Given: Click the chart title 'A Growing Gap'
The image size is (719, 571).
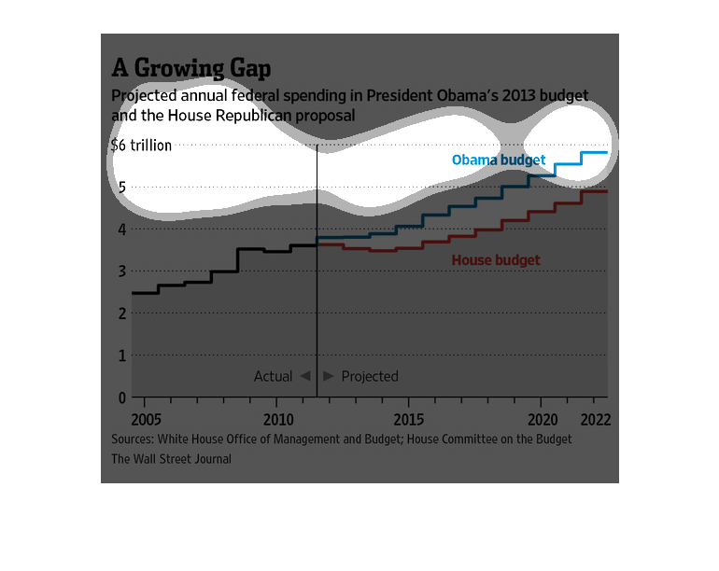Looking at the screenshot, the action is [191, 68].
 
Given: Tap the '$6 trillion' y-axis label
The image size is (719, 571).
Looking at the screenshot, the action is [141, 146].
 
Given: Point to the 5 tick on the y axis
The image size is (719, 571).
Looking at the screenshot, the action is [122, 187].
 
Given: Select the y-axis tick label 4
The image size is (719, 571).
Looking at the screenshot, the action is [122, 230].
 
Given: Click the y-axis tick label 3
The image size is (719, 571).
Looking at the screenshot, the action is [122, 272].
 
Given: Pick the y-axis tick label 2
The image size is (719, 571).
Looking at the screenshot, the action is [122, 313].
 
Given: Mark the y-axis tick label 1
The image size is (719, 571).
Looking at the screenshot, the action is [122, 355].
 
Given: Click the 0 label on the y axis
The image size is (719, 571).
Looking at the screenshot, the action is [122, 397].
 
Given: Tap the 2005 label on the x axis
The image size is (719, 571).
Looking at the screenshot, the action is [147, 420].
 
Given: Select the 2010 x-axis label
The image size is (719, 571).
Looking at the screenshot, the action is [278, 420].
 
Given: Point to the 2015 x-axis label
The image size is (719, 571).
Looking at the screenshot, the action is [409, 420].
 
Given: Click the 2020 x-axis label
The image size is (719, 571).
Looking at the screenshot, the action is [543, 420].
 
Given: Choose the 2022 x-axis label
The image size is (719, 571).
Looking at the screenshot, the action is [596, 420].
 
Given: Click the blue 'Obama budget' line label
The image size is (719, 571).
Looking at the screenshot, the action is [499, 160].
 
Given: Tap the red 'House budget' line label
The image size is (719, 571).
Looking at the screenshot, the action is [496, 260].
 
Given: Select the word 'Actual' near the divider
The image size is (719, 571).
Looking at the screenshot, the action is [274, 376].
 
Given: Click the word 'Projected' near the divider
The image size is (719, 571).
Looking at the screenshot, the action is [370, 377].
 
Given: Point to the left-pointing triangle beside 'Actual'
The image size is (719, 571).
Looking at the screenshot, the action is [306, 376].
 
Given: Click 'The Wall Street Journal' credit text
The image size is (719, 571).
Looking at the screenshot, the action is [172, 459].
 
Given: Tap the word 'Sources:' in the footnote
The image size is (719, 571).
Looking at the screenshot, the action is [133, 439].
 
